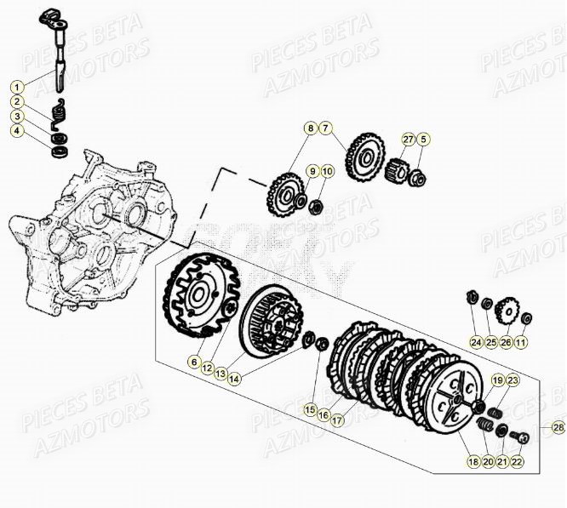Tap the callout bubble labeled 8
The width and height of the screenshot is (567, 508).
pyautogui.click(x=311, y=128)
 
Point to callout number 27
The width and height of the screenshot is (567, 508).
pyautogui.click(x=408, y=140)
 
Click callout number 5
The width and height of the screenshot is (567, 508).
pyautogui.click(x=423, y=140)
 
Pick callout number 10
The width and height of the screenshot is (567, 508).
pyautogui.click(x=328, y=172)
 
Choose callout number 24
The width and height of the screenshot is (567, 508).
pyautogui.click(x=475, y=343)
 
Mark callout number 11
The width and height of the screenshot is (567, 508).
pyautogui.click(x=520, y=343)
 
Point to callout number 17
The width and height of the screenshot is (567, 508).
pyautogui.click(x=337, y=418)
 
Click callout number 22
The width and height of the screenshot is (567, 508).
pyautogui.click(x=518, y=461)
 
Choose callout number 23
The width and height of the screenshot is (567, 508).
pyautogui.click(x=512, y=380)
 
